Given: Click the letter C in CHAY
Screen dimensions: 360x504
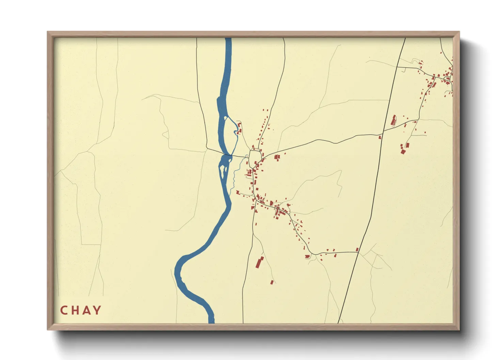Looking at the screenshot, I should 64,310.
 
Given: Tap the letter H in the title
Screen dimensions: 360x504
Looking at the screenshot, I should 75,310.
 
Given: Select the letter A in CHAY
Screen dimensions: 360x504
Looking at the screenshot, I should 86,310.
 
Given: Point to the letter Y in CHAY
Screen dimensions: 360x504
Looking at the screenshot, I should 97,310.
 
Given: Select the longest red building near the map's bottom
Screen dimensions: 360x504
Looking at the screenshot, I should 260,262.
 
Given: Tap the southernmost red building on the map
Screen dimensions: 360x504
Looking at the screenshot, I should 272,282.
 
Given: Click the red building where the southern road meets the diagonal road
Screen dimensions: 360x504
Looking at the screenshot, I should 357,250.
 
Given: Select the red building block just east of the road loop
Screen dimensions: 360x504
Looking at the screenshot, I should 277,157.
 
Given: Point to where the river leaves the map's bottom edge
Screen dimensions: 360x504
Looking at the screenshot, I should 211,322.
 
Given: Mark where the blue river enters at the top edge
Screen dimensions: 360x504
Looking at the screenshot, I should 228,39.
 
